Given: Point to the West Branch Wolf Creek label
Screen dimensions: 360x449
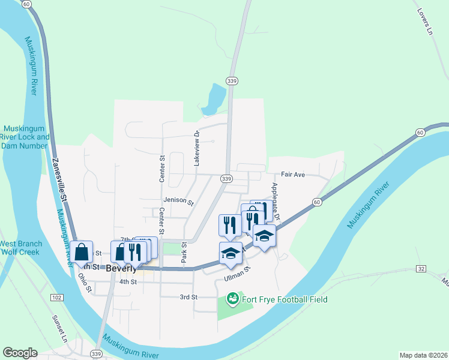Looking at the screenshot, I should pos(20,248).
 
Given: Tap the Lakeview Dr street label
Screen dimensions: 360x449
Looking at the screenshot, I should pos(196,148).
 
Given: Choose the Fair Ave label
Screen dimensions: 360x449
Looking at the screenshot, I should pos(294,175).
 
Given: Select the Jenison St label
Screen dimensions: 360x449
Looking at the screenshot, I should pos(178,202).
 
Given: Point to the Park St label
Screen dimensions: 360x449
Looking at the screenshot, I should pos(185,253).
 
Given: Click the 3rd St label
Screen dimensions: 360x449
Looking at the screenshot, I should pos(188,297).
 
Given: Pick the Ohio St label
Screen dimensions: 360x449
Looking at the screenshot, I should pos(84,283).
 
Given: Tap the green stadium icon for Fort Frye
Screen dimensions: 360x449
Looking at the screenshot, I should pos(232,298).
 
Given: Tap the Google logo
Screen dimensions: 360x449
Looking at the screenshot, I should pos(20,353).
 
